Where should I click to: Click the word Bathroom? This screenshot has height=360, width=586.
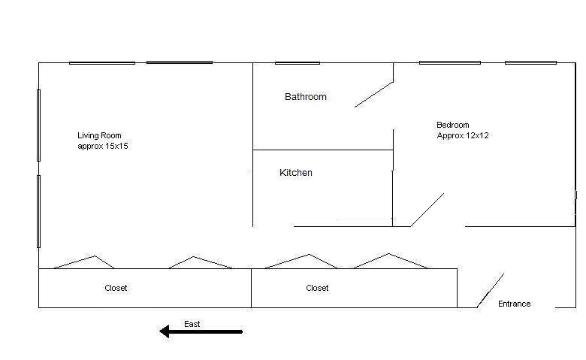pos(306,97)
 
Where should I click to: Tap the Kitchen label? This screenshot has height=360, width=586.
pos(296,173)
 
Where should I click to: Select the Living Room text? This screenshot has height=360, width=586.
pos(99,135)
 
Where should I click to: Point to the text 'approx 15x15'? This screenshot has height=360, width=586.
pos(103,146)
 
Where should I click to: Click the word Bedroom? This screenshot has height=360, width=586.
pos(452,125)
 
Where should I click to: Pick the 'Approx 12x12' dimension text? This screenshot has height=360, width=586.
pos(463,136)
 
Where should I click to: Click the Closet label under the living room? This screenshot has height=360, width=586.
pos(116,288)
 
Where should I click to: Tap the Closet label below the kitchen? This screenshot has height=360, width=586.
pos(317,288)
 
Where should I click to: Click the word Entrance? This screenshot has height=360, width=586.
pos(514,304)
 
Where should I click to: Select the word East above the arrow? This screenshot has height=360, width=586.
pos(192,324)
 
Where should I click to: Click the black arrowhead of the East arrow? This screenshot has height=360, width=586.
pos(165,331)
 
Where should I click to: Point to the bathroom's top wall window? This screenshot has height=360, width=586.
pos(298,63)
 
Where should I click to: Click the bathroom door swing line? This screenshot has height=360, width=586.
pos(373,95)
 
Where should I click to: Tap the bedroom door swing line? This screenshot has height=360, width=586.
pos(427,210)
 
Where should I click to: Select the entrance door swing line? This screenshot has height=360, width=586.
pos(491,290)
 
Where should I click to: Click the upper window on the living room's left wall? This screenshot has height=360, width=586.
pos(38,126)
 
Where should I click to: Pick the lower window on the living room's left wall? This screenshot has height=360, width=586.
pos(38,212)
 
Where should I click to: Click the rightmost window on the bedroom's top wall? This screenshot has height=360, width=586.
pos(530,63)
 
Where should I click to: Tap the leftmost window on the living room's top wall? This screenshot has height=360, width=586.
pos(102,63)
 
